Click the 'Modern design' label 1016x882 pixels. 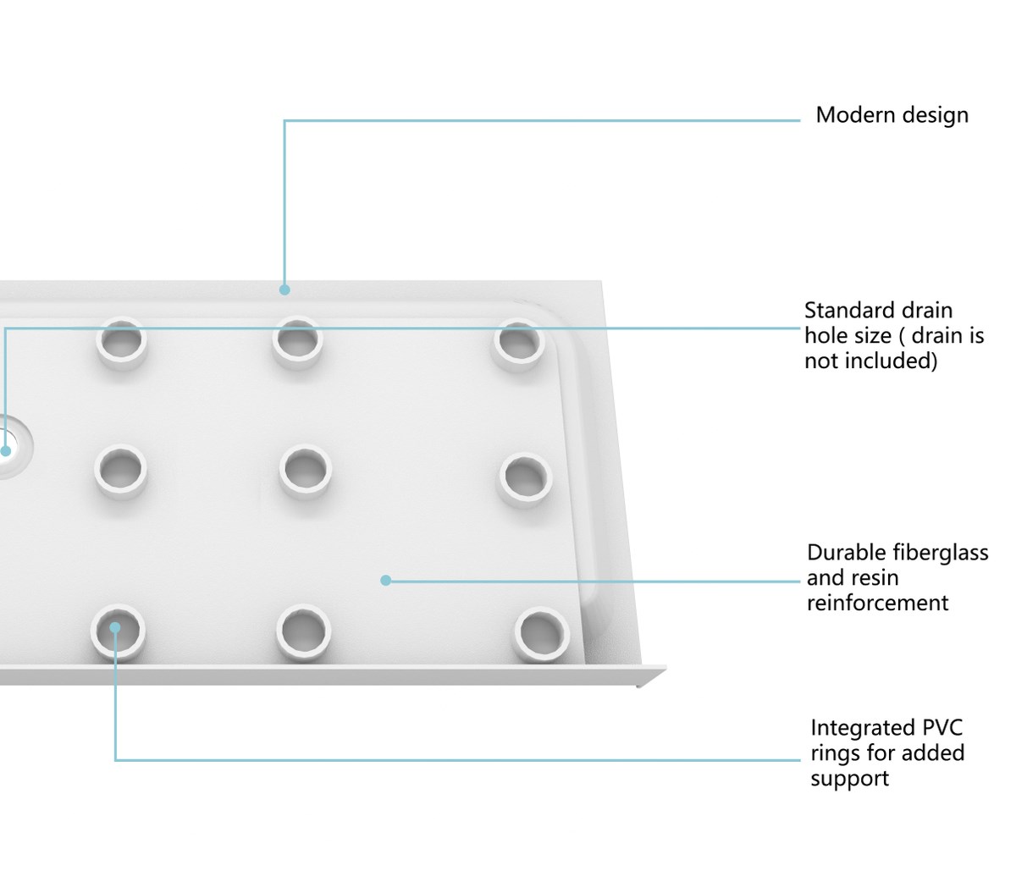coord(892,115)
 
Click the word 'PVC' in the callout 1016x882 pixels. coord(942,728)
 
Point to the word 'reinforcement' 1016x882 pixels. coord(877,603)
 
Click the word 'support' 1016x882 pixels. coord(850,780)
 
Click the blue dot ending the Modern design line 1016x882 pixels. coord(284,289)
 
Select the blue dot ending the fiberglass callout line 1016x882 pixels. coord(386,580)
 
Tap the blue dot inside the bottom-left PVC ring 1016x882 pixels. coord(115,628)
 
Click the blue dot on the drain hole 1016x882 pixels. coord(5,451)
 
